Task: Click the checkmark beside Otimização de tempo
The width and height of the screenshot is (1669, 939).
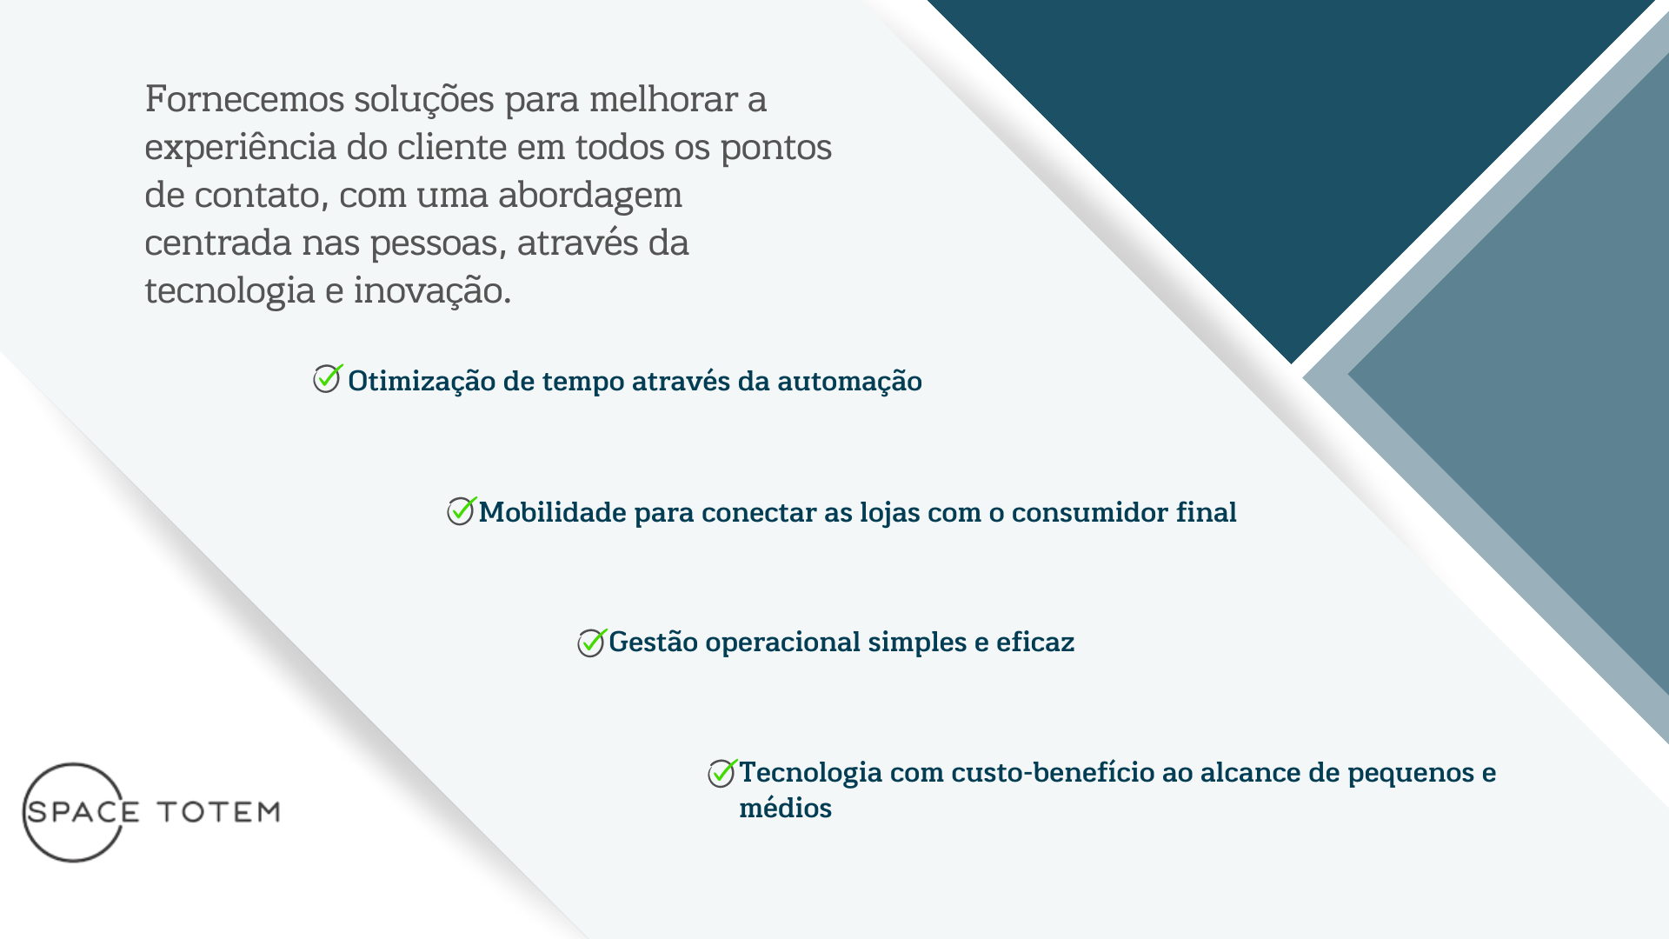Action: pyautogui.click(x=328, y=378)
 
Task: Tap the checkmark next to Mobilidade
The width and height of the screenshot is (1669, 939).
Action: pyautogui.click(x=462, y=510)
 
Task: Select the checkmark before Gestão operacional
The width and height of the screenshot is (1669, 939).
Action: pyautogui.click(x=592, y=643)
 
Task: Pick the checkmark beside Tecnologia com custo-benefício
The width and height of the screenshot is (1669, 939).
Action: pyautogui.click(x=722, y=772)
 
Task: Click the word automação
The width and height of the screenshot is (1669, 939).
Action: pyautogui.click(x=849, y=382)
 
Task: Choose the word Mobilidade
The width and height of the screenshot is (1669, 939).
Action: pyautogui.click(x=552, y=512)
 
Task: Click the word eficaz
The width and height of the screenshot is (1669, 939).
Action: pyautogui.click(x=1035, y=642)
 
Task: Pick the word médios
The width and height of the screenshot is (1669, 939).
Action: pyautogui.click(x=786, y=808)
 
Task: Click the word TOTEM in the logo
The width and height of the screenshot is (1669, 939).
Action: pyautogui.click(x=218, y=812)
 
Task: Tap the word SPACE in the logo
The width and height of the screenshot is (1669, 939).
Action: pyautogui.click(x=83, y=812)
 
